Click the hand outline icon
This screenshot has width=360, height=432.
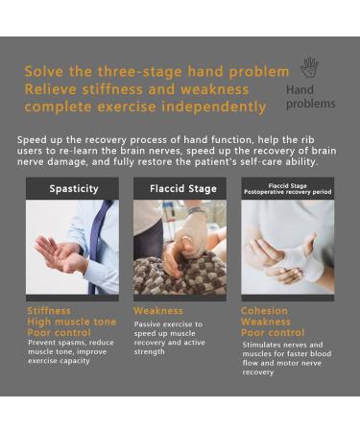coord(308,67)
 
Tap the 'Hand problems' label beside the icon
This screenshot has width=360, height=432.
coord(310,97)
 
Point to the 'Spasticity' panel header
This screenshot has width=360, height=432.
coord(73,189)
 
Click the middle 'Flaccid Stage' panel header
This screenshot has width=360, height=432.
coord(180,189)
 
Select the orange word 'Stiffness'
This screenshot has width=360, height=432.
coord(49,311)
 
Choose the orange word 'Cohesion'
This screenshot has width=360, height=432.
coord(264,311)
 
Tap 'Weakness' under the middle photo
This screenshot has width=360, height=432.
coord(158,311)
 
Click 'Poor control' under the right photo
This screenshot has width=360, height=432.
coord(272,333)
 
